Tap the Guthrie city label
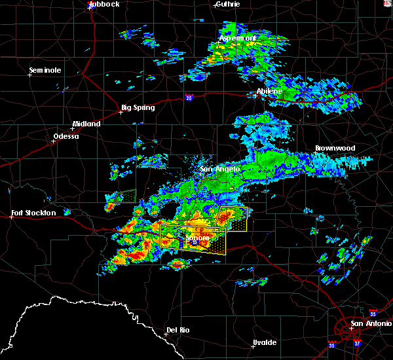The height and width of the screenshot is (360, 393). click(227, 4)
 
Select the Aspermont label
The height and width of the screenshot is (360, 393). click(237, 39)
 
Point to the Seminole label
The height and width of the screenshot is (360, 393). click(45, 70)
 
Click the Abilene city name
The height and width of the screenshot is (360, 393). click(269, 91)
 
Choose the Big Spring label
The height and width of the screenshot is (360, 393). click(138, 107)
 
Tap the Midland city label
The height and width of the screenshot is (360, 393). click(86, 124)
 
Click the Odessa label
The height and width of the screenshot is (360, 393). click(65, 136)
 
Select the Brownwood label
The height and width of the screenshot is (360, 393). click(335, 149)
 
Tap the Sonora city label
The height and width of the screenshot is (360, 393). click(196, 239)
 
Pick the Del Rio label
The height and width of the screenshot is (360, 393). click(178, 330)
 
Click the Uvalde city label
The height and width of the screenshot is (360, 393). click(264, 342)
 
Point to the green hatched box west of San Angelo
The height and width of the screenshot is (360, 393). click(121, 196)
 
